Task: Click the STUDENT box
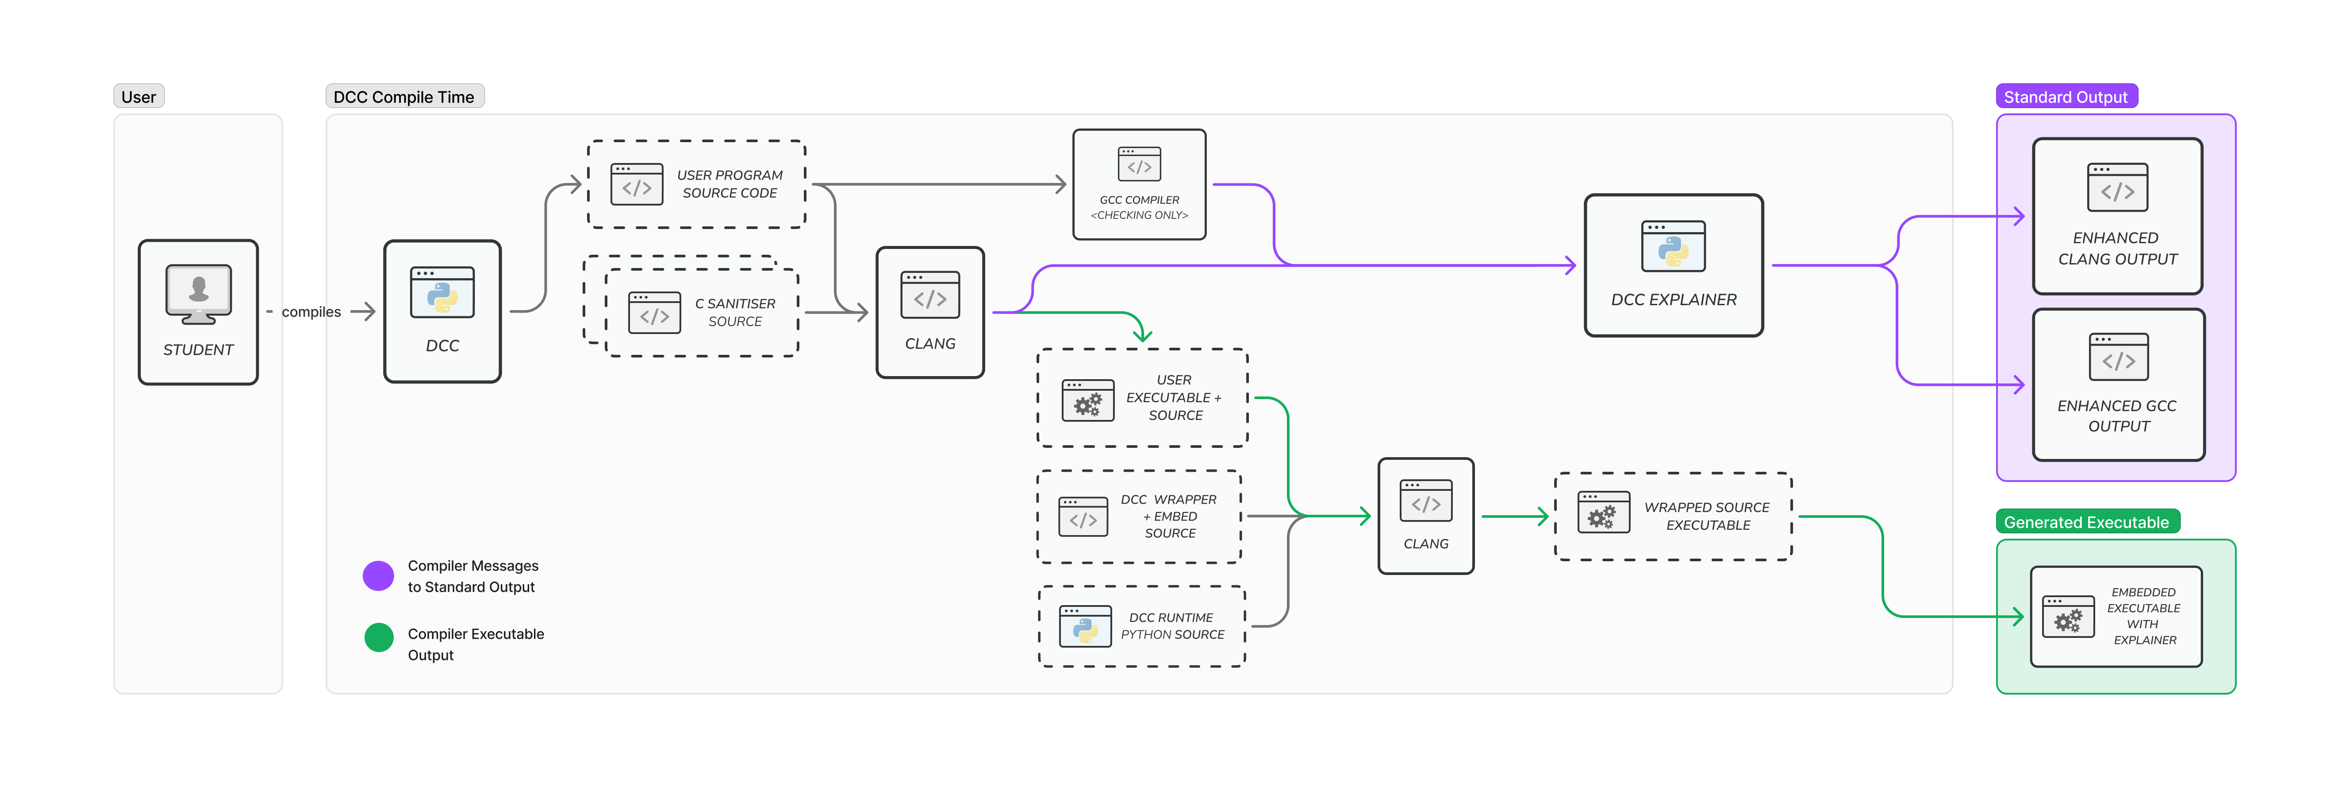198,312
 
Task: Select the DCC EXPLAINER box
1673,265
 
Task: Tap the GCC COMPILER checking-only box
1139,184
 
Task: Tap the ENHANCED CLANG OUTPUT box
2117,216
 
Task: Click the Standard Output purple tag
2066,97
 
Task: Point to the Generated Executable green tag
2086,522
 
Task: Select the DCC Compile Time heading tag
404,97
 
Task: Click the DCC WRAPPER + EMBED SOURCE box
1140,517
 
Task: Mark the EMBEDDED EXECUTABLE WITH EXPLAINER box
2116,616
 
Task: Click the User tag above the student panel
138,97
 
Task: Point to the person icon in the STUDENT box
198,289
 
